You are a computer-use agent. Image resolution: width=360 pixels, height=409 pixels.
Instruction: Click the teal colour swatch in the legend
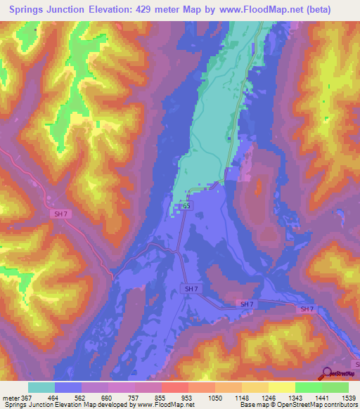[41, 387]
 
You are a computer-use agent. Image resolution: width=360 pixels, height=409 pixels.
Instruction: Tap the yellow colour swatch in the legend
[281, 387]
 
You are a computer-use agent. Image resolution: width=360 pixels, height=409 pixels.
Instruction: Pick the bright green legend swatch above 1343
[308, 387]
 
